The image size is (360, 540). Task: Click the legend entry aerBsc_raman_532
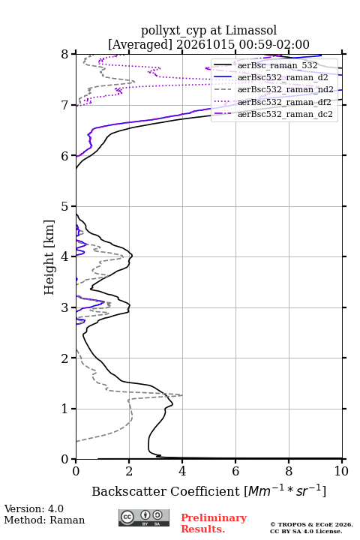click(277, 65)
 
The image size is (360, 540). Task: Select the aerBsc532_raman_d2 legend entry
click(283, 77)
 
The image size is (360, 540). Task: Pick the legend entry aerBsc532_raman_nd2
click(286, 89)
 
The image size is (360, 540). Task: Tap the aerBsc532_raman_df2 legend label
click(284, 102)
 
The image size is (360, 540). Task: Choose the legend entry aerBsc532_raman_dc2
click(285, 114)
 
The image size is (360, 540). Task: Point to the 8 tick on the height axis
click(64, 54)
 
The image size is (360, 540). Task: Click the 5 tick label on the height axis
click(64, 206)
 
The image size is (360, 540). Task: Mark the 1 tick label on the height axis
click(64, 409)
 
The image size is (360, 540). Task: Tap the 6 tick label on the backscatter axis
click(235, 471)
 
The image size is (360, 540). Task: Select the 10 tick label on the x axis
click(341, 471)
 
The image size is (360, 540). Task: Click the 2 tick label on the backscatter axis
click(129, 471)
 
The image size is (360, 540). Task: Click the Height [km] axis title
click(49, 257)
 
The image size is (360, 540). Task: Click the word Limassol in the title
click(251, 30)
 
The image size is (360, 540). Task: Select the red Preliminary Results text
click(214, 523)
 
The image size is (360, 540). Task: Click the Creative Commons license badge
click(144, 517)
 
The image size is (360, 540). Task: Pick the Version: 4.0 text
click(34, 508)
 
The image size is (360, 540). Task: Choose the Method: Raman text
click(44, 520)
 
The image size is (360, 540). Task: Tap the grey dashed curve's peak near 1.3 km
click(182, 395)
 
